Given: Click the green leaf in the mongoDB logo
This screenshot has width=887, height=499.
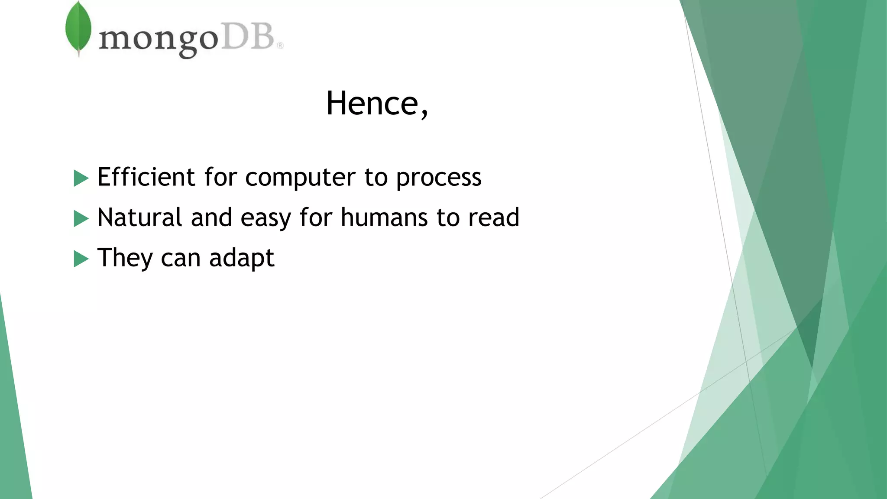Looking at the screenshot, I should coord(78,29).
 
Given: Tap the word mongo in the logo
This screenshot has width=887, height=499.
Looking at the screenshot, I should coord(159,40).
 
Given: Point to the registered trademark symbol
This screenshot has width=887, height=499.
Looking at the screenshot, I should coord(280,45).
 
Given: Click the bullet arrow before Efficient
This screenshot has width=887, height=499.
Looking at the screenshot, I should coord(81,178).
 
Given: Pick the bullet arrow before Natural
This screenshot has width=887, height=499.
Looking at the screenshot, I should coord(81,218).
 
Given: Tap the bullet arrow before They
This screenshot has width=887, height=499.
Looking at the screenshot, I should coord(81,259).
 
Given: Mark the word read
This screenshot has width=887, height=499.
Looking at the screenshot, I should coord(494,217).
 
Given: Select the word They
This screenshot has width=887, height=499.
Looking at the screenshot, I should coord(125,258).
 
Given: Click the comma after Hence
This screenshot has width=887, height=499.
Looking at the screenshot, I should coord(424,113).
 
